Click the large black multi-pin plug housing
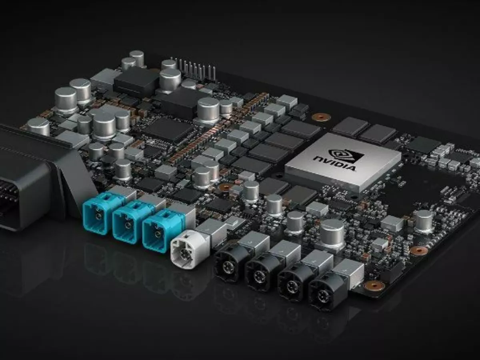click(x=28, y=176)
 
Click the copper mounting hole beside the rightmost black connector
click(x=374, y=285)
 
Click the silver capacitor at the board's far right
click(x=423, y=220)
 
